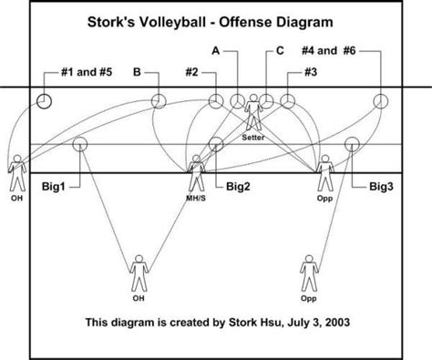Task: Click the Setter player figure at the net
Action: pos(253,112)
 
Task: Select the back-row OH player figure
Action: pos(139,273)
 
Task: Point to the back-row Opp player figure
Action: pos(309,273)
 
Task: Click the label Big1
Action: pos(54,186)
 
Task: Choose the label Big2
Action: pos(238,186)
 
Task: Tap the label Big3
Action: pos(381,186)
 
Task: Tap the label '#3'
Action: pos(311,72)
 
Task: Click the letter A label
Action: pos(215,50)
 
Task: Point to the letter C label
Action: pos(280,50)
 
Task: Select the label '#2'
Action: pos(191,72)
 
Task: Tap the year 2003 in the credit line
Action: pos(337,322)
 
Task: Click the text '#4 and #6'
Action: pos(328,50)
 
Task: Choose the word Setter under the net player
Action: pos(253,138)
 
